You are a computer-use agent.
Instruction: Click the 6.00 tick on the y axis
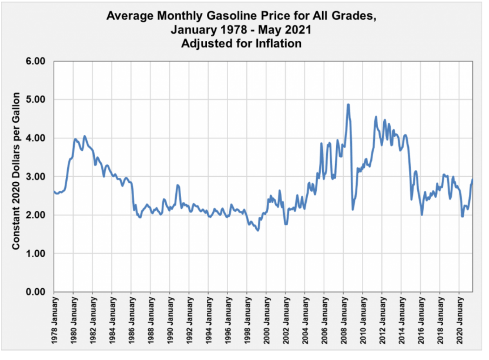point(35,61)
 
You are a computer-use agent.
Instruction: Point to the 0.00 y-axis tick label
point(35,292)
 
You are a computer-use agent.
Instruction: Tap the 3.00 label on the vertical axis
point(35,177)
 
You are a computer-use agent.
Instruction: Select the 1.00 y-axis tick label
point(35,253)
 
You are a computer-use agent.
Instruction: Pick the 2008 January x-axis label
point(344,320)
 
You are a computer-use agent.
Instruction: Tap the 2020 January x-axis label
point(460,320)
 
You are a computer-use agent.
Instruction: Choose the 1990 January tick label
point(171,320)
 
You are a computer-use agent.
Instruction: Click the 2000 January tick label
point(267,320)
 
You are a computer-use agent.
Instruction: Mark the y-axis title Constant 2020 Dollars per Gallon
point(16,171)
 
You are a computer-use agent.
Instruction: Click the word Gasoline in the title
point(232,16)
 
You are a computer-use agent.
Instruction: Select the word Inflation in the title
point(278,43)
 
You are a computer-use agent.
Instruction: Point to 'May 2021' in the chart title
point(285,29)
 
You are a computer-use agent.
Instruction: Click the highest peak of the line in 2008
point(348,105)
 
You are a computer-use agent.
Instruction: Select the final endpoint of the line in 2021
point(473,179)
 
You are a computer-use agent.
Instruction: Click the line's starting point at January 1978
point(54,192)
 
